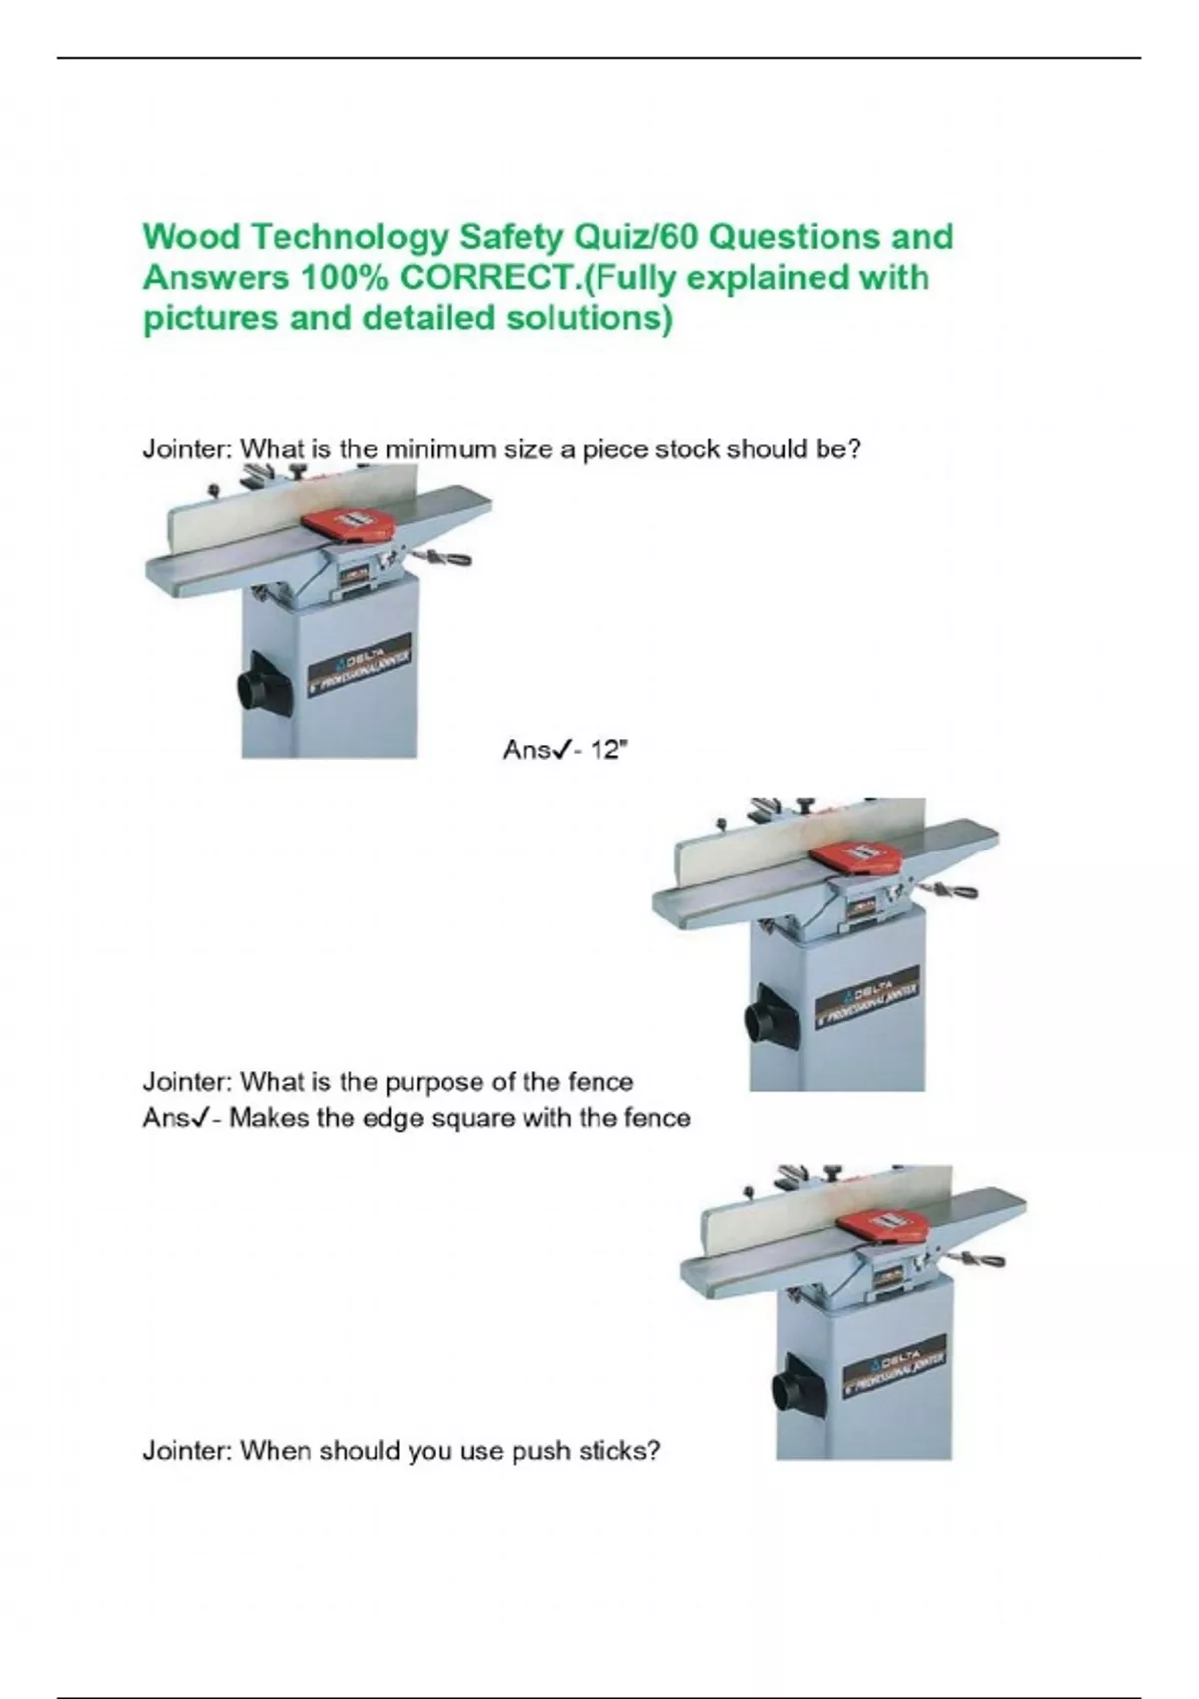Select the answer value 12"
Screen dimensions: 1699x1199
608,750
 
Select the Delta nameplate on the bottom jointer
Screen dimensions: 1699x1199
893,1366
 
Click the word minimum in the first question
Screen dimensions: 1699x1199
433,449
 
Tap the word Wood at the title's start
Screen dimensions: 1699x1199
191,238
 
